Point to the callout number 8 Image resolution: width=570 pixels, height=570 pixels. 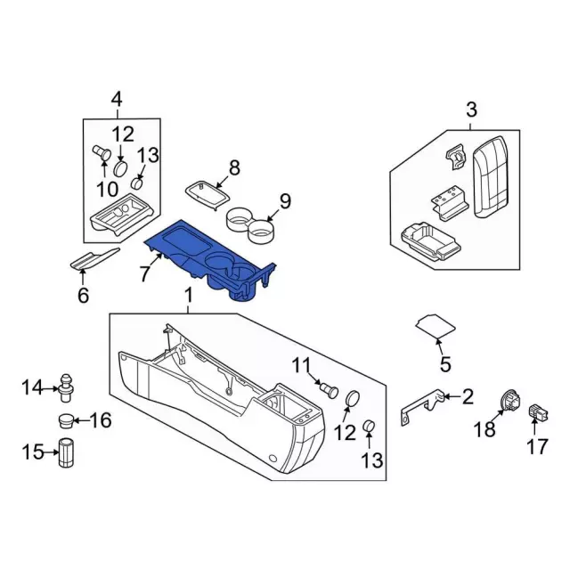tap(234, 167)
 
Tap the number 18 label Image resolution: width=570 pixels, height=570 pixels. tap(484, 430)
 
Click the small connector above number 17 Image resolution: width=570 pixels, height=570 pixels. tap(537, 412)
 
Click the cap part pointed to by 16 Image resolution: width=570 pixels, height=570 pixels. tap(66, 419)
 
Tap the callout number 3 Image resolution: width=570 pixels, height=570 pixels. tap(471, 110)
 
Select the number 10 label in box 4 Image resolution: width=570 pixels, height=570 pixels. tap(107, 189)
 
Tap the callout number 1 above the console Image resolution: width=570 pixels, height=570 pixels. tap(188, 295)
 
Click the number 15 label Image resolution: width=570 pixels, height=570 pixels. tap(32, 452)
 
